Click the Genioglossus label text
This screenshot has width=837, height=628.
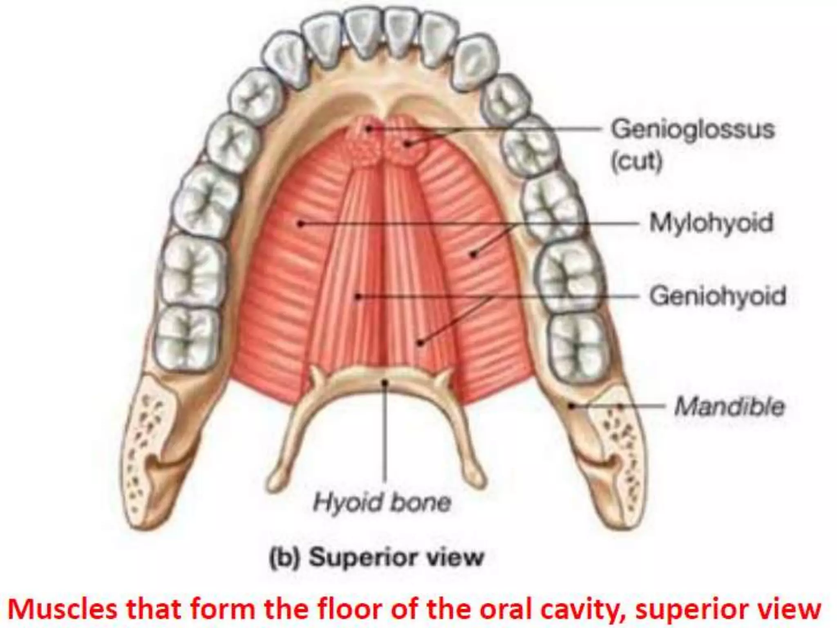(692, 130)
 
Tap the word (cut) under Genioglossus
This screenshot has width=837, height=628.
(636, 162)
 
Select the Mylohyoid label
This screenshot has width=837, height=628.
(712, 223)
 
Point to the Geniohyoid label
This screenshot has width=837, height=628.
(718, 296)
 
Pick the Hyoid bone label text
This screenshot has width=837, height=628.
(382, 502)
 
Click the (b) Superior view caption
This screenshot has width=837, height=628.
(376, 557)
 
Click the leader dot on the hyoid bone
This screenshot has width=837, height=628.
(384, 382)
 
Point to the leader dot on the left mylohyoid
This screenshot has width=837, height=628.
(300, 224)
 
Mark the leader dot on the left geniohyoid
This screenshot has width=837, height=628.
(358, 296)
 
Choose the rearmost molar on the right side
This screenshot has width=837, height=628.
(577, 346)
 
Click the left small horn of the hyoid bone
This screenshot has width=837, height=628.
(316, 375)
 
